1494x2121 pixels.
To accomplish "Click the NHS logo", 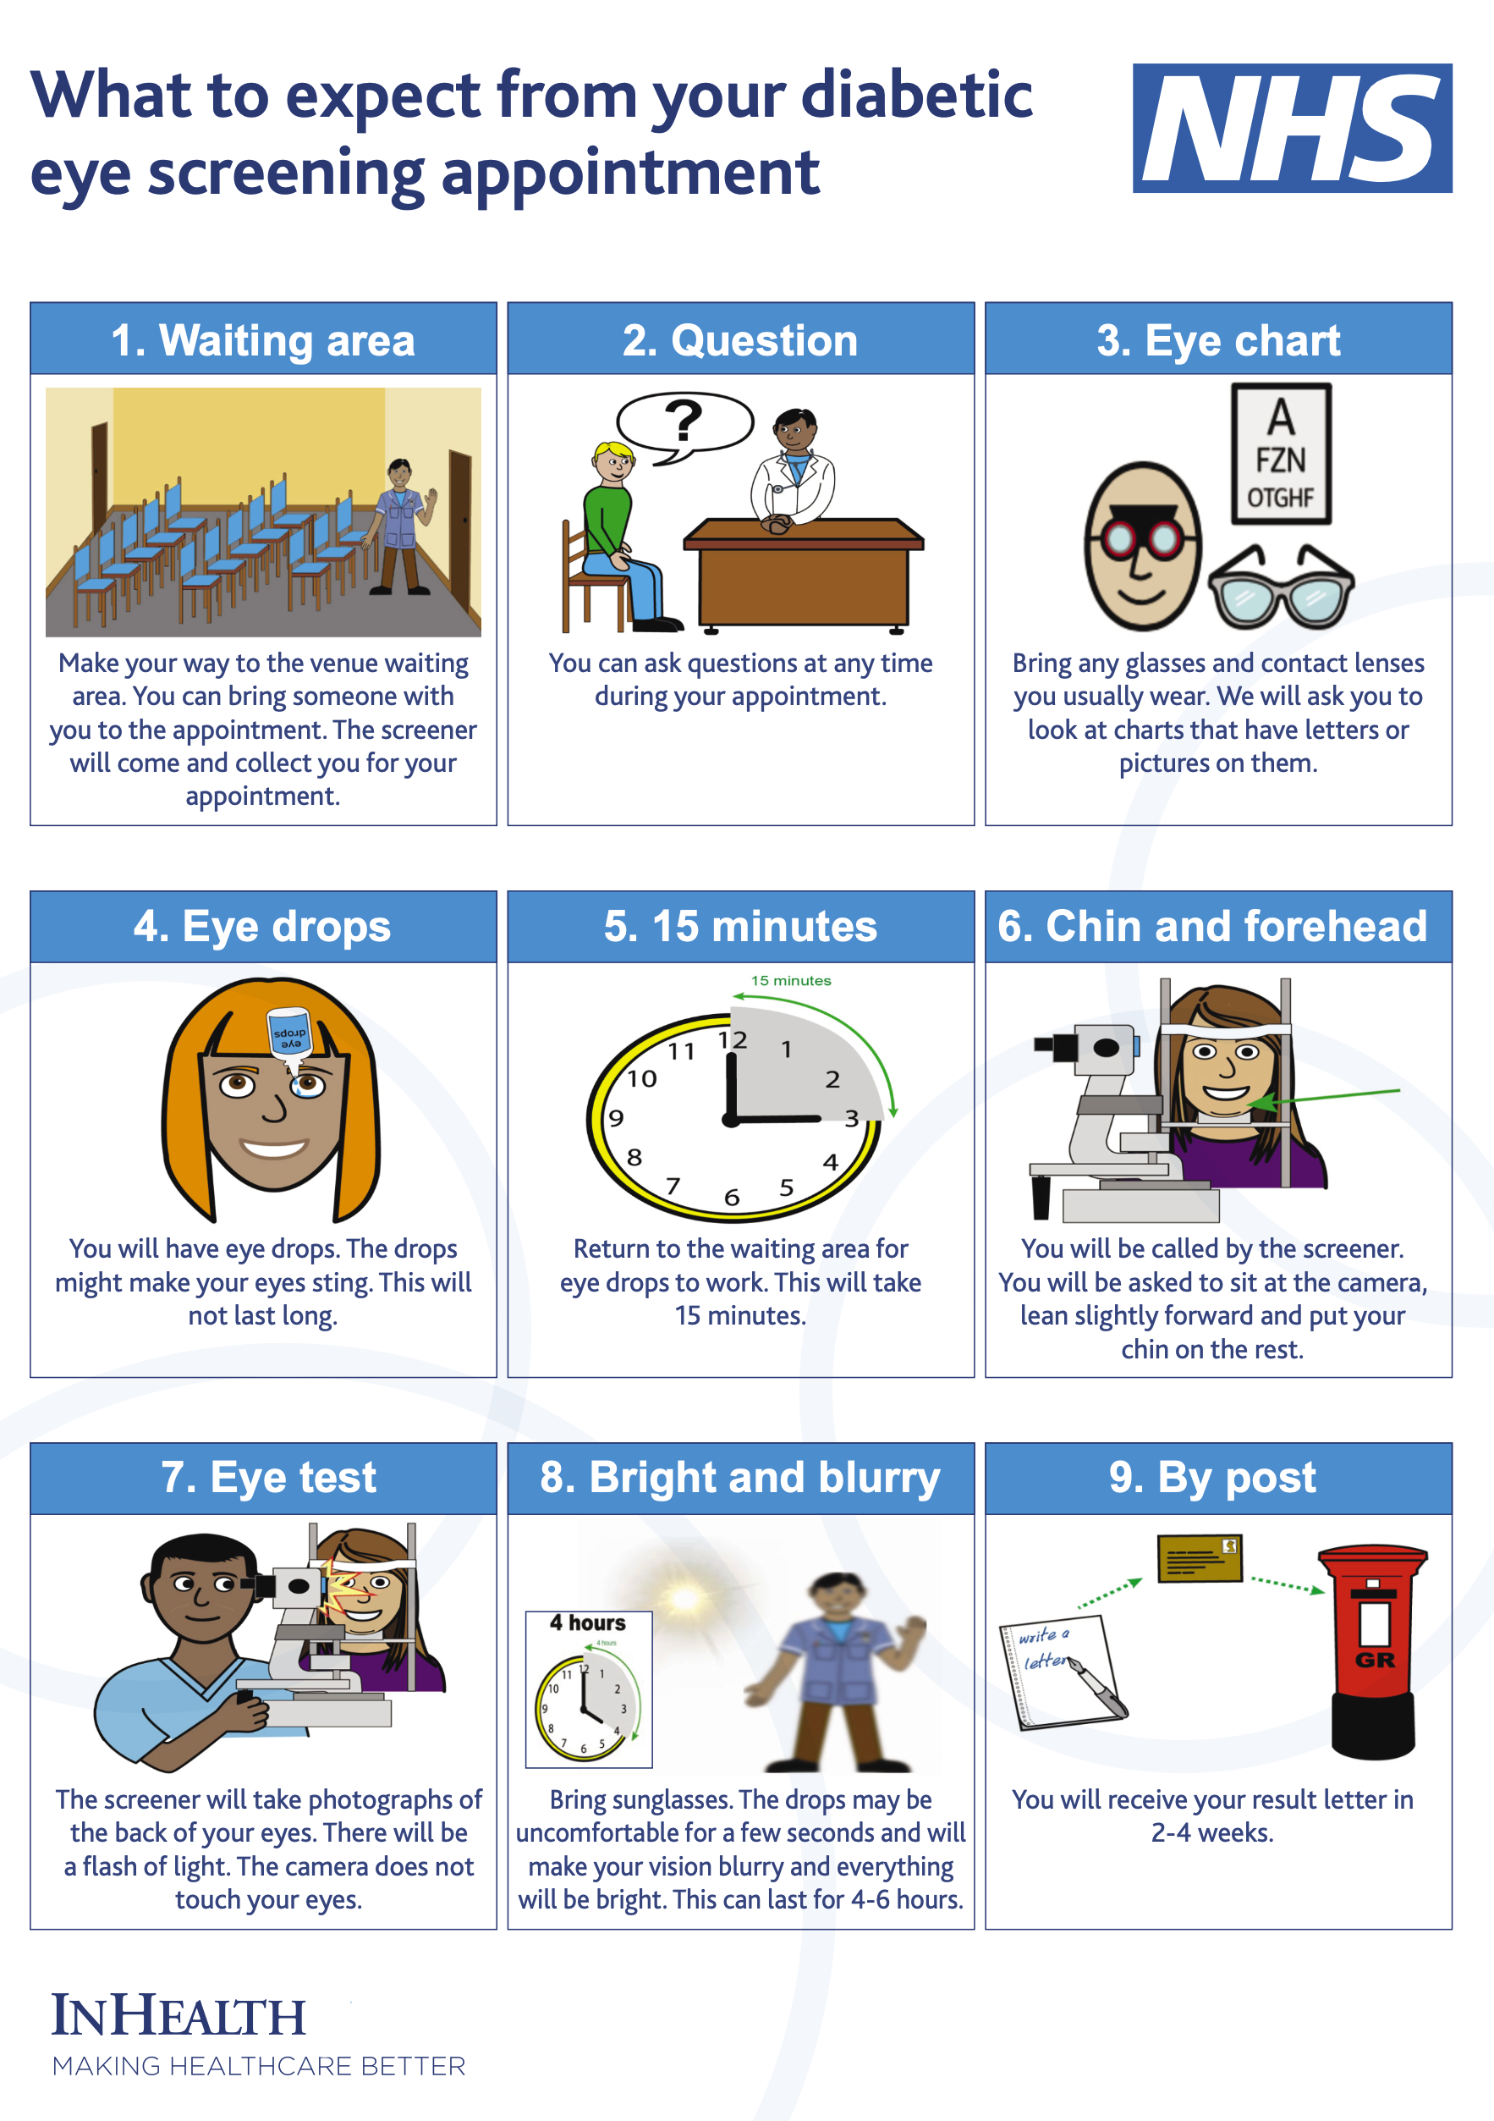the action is [1292, 128].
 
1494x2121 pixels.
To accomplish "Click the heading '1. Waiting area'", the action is [263, 340].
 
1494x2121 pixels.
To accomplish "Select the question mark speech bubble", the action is [684, 425].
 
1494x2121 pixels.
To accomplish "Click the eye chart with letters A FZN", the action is [1281, 454].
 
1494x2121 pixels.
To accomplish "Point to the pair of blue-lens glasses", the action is [1281, 587].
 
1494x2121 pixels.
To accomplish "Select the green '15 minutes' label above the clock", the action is [790, 980].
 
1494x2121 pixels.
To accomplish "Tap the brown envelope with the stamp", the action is [1200, 1559].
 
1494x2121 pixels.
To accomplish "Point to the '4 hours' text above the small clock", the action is [588, 1623].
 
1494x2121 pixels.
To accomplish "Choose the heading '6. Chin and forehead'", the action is [1212, 927].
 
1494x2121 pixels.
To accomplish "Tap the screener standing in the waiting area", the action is [399, 526].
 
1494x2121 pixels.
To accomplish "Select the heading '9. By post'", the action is [1212, 1477].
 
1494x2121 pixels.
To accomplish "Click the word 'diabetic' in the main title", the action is [917, 95].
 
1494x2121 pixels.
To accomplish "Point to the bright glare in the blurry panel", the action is [684, 1598].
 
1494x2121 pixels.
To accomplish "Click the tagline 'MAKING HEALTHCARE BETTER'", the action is [259, 2067].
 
